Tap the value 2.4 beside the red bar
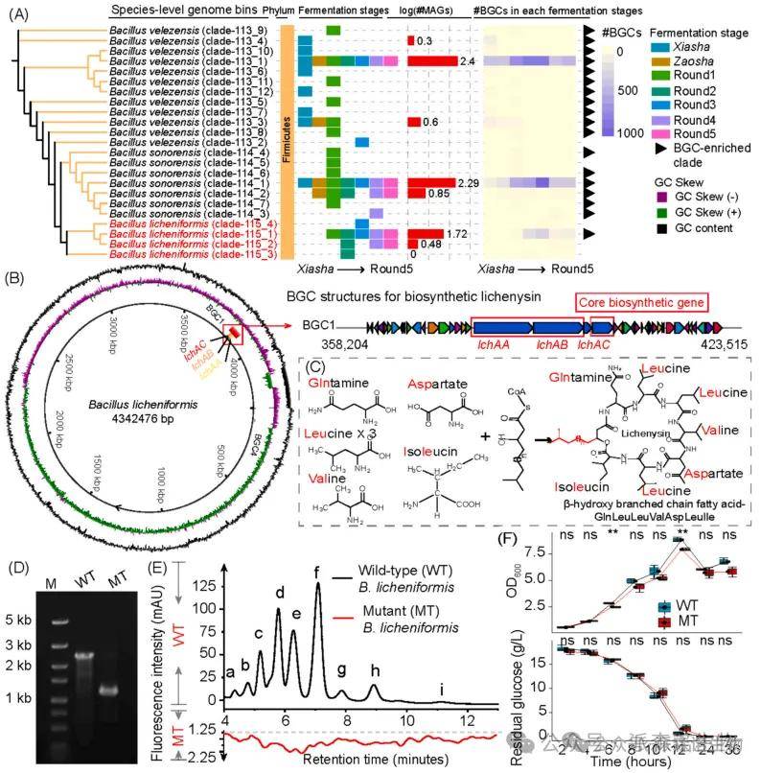tap(469, 61)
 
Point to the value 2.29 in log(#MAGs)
tap(467, 182)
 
